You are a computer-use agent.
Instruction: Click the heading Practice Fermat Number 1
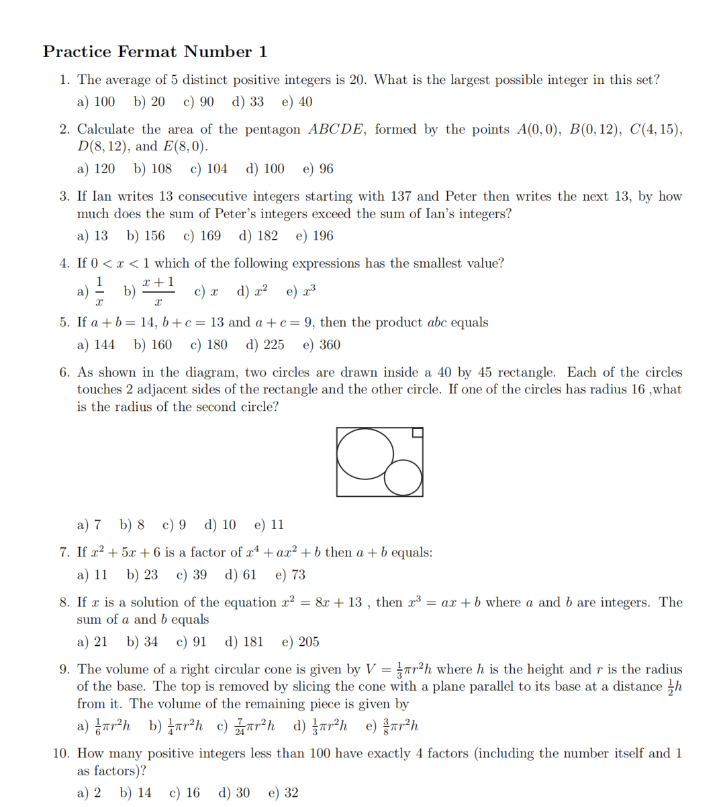click(155, 52)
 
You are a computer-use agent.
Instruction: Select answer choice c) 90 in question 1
click(198, 102)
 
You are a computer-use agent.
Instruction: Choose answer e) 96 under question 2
click(318, 169)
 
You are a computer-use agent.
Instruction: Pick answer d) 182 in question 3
click(258, 236)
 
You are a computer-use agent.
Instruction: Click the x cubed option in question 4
click(301, 292)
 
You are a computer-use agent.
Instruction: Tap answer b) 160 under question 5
click(152, 345)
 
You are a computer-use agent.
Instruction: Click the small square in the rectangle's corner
click(418, 433)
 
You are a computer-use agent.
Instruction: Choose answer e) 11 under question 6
click(269, 525)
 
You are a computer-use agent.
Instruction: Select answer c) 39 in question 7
click(191, 575)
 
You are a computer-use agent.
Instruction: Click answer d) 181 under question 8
click(244, 642)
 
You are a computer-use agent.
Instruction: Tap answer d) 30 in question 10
click(234, 793)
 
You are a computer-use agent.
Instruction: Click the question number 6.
click(64, 373)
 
